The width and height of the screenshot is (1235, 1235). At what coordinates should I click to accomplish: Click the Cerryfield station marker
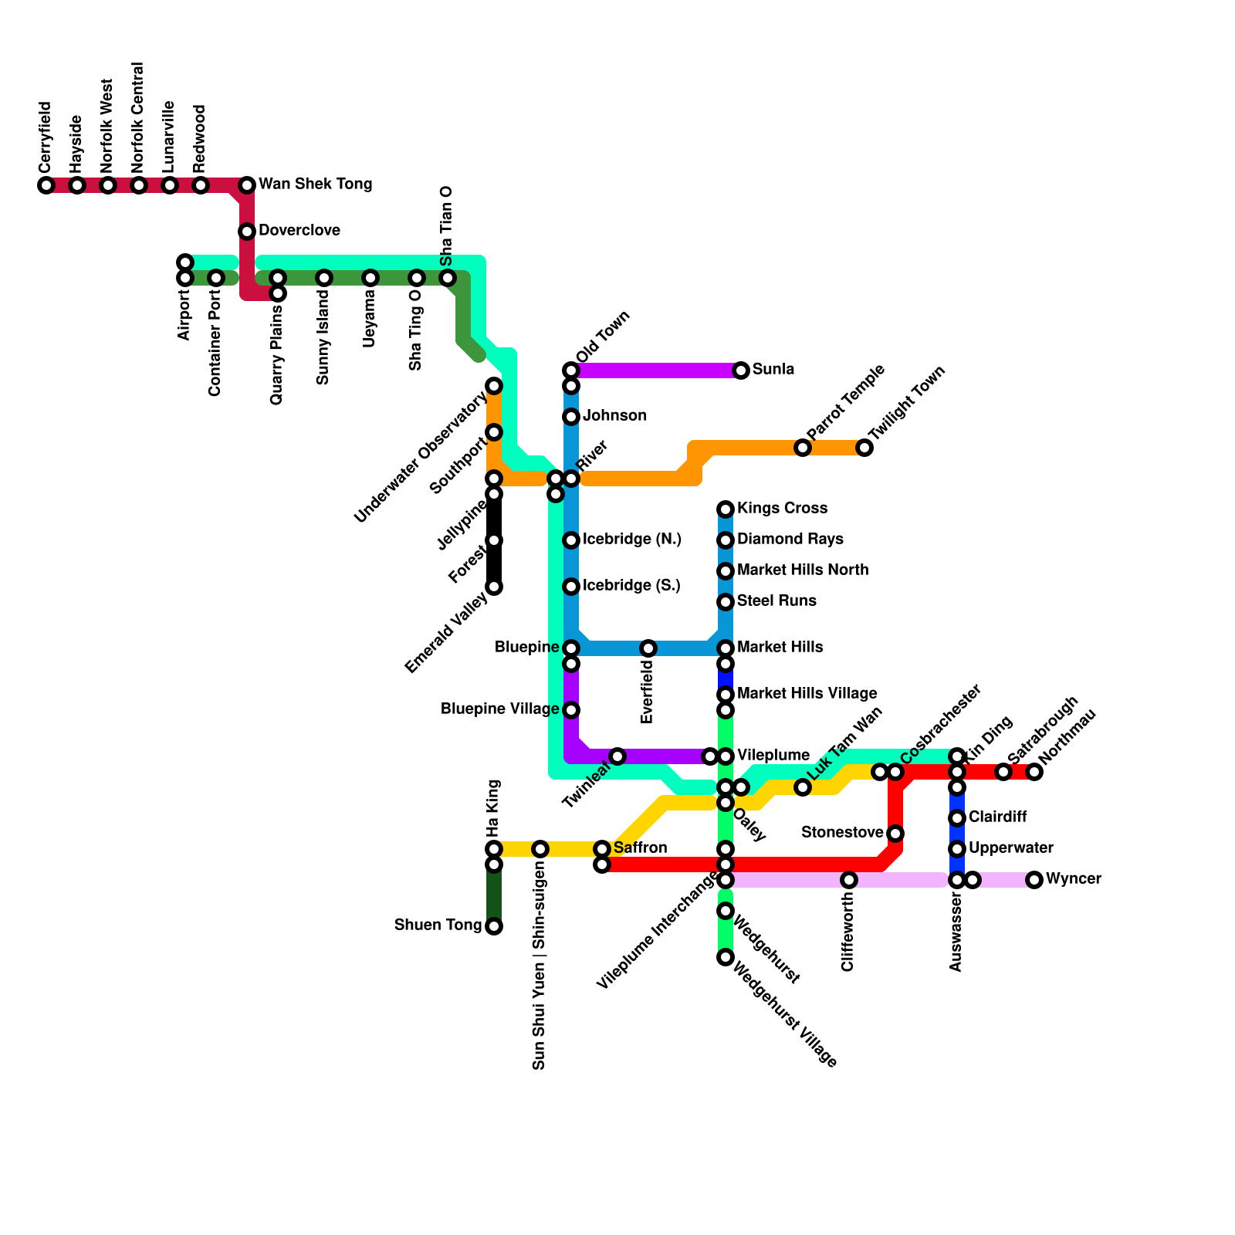[46, 185]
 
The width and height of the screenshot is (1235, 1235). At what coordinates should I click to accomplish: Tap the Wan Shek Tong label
[315, 184]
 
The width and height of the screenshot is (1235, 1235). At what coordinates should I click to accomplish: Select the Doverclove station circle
[247, 232]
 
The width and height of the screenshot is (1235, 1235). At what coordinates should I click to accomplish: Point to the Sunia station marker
[741, 370]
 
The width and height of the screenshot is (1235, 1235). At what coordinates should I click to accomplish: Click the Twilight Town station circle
[864, 448]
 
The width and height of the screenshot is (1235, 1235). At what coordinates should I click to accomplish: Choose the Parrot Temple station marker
[803, 448]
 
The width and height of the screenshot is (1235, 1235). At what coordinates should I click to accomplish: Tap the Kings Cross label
[782, 509]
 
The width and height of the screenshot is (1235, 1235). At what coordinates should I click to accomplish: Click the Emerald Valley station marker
[494, 587]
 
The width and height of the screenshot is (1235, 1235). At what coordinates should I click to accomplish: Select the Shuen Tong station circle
[494, 926]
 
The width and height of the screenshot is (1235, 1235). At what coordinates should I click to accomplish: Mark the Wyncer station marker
[1034, 880]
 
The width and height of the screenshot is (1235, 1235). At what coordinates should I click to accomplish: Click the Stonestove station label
[841, 833]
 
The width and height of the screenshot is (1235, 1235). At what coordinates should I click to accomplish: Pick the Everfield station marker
[648, 648]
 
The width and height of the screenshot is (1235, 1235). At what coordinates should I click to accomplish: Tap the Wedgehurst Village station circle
[726, 957]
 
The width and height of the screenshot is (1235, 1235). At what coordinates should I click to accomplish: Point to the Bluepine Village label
[499, 709]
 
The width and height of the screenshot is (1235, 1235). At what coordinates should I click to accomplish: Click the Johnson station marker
[571, 417]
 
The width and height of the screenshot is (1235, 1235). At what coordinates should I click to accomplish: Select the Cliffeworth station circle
[849, 880]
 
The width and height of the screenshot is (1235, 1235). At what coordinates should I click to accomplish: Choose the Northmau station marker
[1034, 772]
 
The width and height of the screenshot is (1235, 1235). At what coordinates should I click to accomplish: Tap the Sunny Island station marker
[324, 278]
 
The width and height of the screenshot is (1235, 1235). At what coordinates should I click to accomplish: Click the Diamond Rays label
[790, 540]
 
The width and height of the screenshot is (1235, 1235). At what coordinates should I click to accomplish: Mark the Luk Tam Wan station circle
[803, 787]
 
